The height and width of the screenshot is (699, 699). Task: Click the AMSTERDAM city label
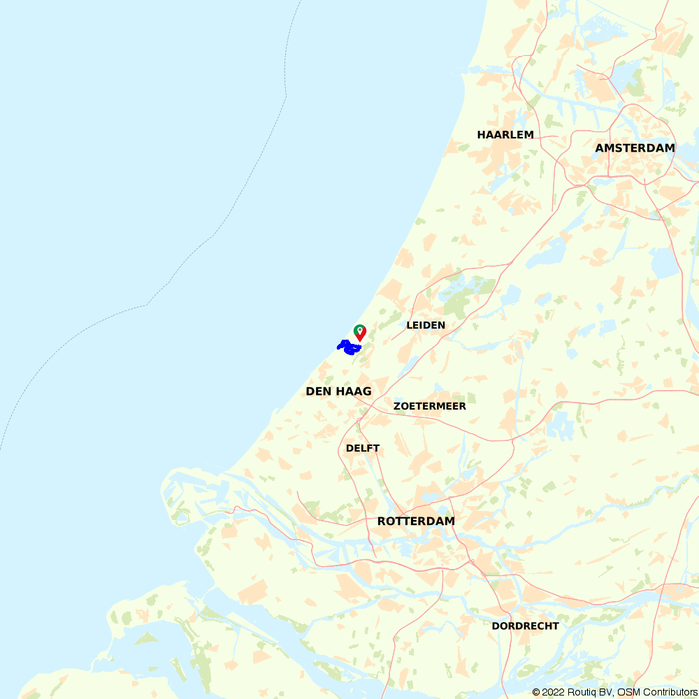click(635, 147)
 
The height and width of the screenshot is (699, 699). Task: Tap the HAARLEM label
click(505, 134)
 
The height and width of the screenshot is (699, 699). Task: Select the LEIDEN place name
click(426, 325)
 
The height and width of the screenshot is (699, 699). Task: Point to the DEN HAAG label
click(338, 391)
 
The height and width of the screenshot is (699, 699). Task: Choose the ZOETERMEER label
click(429, 406)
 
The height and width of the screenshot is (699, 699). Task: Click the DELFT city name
click(363, 448)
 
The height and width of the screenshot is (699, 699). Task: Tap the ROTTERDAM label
click(416, 521)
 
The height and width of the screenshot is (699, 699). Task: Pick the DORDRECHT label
click(525, 626)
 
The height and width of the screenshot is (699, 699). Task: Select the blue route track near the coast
click(348, 346)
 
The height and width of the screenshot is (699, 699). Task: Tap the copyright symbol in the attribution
click(536, 692)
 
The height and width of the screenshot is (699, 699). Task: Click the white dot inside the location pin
click(359, 329)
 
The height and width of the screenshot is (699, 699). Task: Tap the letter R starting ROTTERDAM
click(382, 521)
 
